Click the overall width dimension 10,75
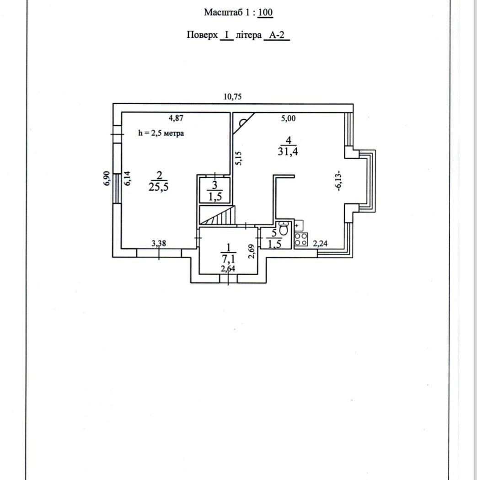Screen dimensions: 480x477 pos(232,96)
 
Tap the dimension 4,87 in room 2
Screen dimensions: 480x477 pos(176,118)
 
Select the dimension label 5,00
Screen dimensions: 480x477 pos(288,119)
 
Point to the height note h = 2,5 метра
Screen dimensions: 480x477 pos(161,133)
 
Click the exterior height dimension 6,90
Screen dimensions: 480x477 pos(107,178)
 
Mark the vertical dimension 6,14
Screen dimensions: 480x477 pos(128,178)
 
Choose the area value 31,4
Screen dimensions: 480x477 pos(288,152)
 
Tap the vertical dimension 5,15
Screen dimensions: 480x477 pos(238,158)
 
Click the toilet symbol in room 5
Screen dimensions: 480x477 pos(283,228)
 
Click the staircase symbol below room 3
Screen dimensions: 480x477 pos(217,215)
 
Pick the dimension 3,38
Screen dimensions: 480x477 pos(158,244)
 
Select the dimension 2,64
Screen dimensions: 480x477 pos(228,269)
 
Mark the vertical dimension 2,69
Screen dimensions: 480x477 pos(251,251)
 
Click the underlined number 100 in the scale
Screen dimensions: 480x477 pos(265,12)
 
